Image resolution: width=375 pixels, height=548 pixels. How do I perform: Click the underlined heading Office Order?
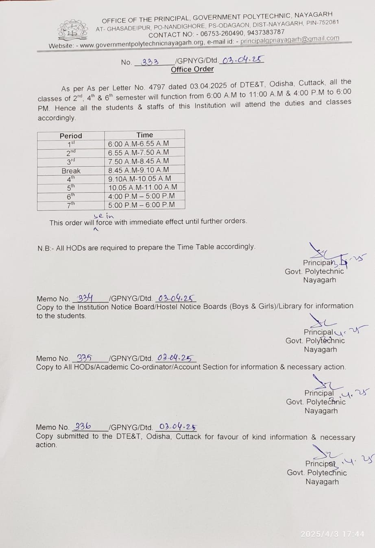192,69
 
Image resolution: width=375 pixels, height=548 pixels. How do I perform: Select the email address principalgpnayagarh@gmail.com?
290,39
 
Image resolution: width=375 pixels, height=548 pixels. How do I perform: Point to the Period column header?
71,136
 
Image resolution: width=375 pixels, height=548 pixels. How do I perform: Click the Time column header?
145,135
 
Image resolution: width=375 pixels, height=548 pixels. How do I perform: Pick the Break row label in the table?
71,171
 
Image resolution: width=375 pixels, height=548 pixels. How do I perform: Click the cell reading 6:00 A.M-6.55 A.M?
138,144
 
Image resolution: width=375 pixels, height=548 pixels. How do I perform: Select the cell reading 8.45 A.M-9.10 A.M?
138,170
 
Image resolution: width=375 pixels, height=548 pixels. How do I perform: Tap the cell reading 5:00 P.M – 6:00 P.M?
141,205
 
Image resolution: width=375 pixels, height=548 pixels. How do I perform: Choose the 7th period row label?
71,205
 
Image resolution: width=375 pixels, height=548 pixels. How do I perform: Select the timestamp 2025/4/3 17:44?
332,534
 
